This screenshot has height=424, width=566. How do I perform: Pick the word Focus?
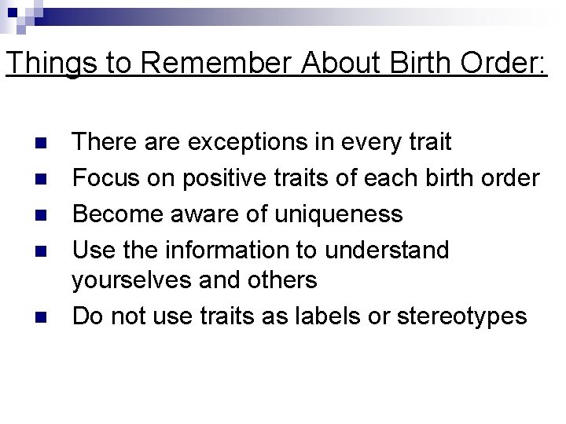tap(105, 178)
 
